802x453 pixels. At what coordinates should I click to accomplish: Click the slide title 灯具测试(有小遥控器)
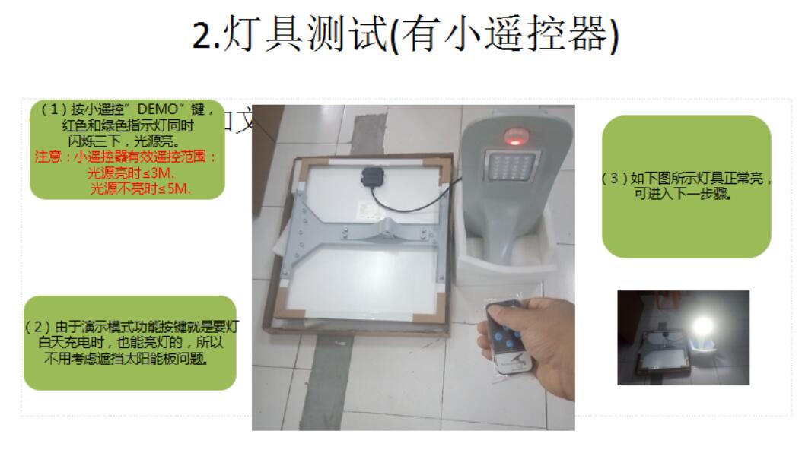click(405, 34)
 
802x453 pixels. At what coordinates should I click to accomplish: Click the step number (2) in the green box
click(39, 327)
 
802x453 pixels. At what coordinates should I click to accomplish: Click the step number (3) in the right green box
click(613, 179)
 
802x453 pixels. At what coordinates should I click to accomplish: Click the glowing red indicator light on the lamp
click(513, 138)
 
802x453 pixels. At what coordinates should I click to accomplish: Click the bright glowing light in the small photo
click(702, 325)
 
